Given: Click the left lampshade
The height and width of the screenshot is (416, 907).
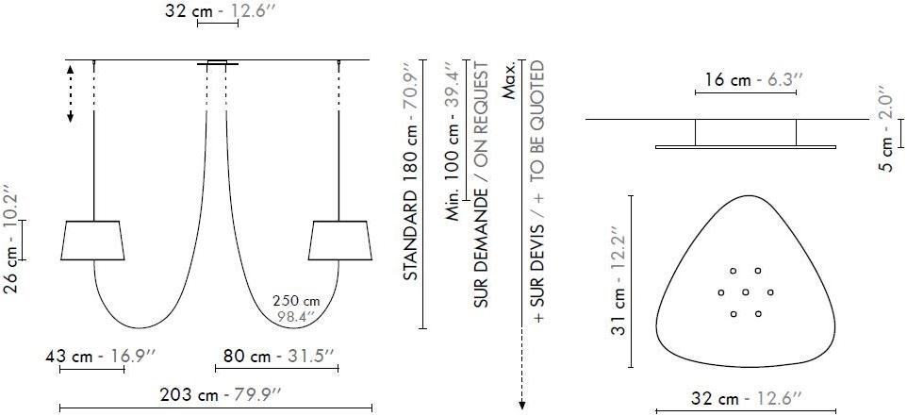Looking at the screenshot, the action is pyautogui.click(x=92, y=241).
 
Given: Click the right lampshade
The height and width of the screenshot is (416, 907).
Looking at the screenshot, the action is pyautogui.click(x=340, y=241).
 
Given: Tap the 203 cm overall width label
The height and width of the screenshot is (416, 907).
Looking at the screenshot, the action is pyautogui.click(x=221, y=395).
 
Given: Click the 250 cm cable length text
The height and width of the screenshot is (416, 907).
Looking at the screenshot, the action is pyautogui.click(x=296, y=302).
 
